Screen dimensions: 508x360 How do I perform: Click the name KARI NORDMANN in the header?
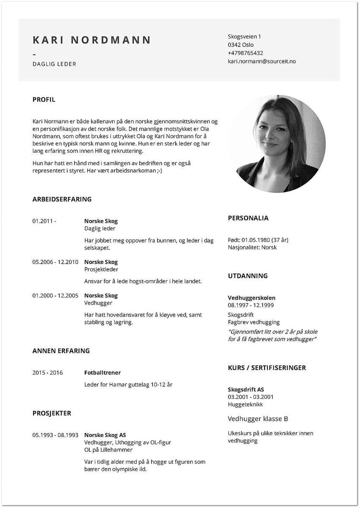coord(92,40)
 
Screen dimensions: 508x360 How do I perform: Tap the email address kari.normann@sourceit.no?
coord(261,61)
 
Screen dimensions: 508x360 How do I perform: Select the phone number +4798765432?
coord(245,53)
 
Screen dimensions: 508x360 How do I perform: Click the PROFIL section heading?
coord(44,100)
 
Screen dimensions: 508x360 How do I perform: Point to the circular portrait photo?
coord(277,144)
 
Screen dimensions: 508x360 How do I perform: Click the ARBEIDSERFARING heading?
coord(62,199)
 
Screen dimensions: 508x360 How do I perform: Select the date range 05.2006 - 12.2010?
coord(55,262)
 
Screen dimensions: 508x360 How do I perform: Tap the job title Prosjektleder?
coord(101,269)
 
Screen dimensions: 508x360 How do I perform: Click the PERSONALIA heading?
coord(248,218)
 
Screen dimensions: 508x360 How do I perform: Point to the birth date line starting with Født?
coord(258,240)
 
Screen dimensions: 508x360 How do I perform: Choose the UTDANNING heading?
coord(247,276)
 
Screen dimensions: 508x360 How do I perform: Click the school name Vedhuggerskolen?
coord(251,298)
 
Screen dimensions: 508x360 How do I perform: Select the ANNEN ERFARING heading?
coord(61,351)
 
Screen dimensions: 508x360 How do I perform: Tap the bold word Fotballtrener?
coord(102,373)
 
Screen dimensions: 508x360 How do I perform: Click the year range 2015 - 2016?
coord(47,373)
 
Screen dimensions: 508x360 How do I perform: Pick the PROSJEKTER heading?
coord(52,413)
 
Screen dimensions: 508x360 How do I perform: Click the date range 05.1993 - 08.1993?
coord(55,435)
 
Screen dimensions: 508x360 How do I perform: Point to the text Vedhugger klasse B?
coord(258,419)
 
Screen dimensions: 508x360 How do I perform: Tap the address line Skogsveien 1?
coord(245,37)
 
